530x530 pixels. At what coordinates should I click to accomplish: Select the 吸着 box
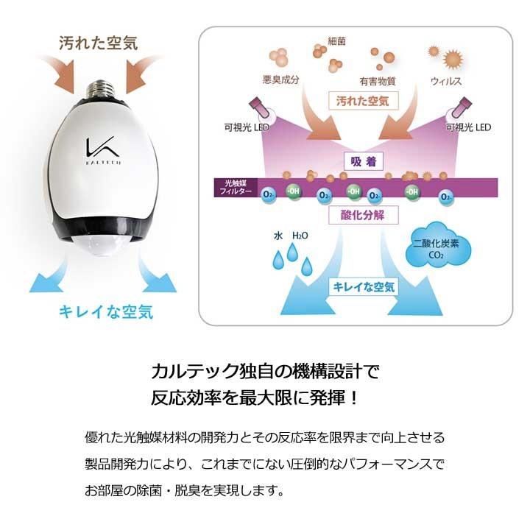click(x=358, y=160)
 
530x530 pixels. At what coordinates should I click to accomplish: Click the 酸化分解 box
click(x=358, y=215)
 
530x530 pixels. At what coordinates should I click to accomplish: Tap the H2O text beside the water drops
click(x=300, y=236)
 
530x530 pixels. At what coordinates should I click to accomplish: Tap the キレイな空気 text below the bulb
click(x=106, y=311)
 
